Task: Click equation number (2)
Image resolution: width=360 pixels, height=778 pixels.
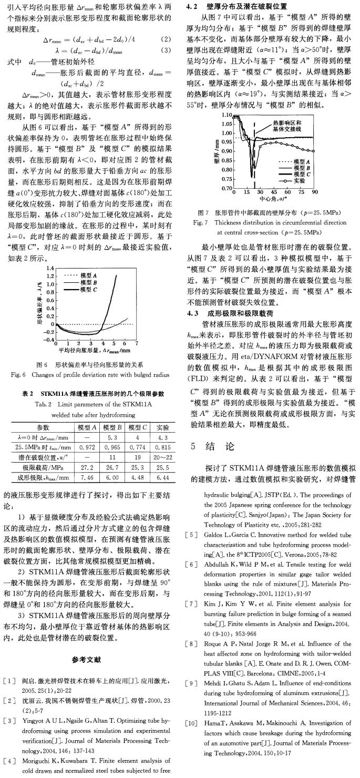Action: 166,39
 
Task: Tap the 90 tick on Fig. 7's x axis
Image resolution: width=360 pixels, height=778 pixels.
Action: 315,193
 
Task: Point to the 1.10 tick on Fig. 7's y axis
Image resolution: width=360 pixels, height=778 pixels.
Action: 224,114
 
